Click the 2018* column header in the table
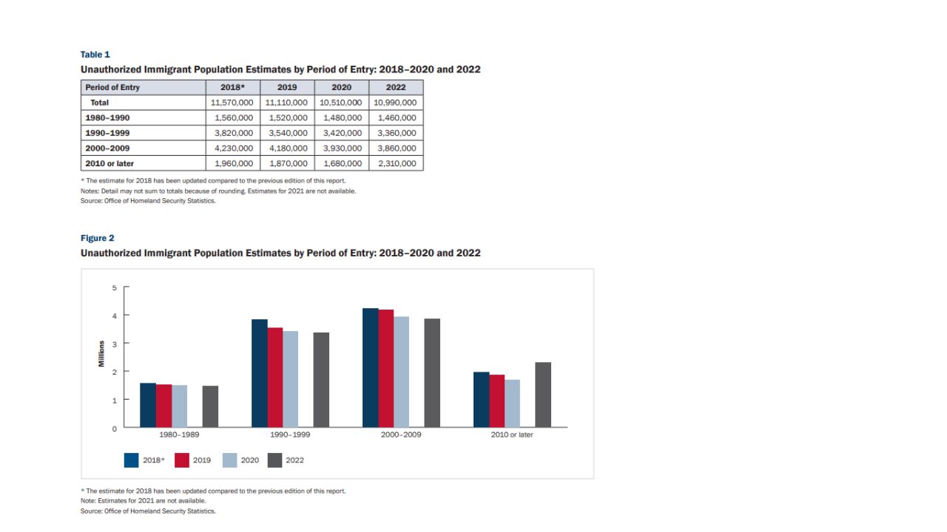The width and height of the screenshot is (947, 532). (232, 87)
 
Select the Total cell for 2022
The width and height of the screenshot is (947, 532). (396, 103)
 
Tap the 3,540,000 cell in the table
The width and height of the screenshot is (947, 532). (287, 133)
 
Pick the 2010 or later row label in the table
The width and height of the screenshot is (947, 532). (109, 163)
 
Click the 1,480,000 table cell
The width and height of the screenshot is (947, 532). (342, 117)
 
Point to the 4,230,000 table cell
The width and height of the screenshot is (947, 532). (232, 149)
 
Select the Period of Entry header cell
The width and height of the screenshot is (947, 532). (112, 87)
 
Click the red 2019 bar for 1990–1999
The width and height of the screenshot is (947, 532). (275, 377)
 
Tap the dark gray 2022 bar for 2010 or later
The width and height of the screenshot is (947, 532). (543, 395)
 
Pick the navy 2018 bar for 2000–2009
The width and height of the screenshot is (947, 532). (371, 367)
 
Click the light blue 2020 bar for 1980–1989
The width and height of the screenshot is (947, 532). (179, 406)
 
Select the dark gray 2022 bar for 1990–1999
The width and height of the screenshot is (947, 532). (321, 380)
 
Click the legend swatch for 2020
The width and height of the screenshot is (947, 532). (230, 460)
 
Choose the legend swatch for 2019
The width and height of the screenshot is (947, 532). (182, 460)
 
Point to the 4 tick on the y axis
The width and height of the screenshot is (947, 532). (114, 316)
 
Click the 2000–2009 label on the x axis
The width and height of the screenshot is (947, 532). (401, 434)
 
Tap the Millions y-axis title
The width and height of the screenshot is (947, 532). (101, 357)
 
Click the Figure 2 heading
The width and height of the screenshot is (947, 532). (98, 238)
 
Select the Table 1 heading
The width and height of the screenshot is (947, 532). (95, 55)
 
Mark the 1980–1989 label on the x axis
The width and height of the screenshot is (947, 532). (179, 434)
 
